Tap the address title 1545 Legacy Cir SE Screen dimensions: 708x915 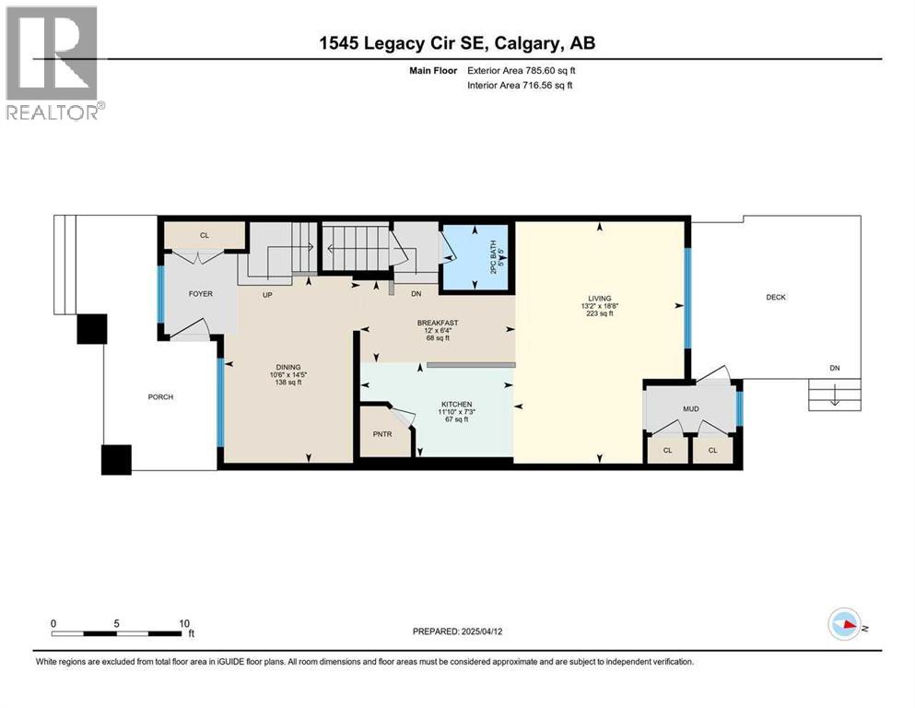tap(456, 43)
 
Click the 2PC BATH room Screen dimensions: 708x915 tap(475, 258)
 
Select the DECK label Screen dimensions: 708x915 tap(776, 297)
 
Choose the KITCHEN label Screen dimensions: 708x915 tap(456, 404)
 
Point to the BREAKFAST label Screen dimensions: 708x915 tap(438, 323)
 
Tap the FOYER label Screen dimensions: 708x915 tap(200, 294)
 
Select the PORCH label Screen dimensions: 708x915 tap(160, 397)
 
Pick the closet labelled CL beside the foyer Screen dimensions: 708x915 tap(205, 236)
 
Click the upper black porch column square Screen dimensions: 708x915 tap(92, 329)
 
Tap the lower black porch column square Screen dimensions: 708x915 tap(116, 459)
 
